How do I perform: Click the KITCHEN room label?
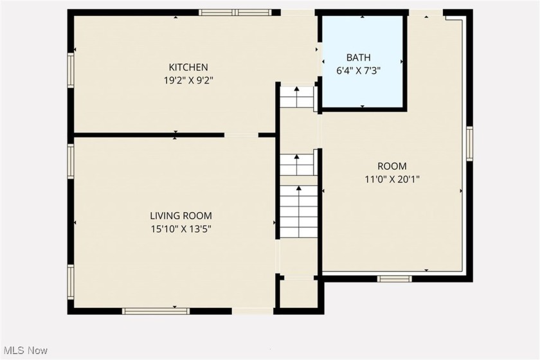click(x=188, y=67)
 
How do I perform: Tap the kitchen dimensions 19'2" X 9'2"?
click(x=188, y=80)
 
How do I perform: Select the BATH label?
click(x=359, y=57)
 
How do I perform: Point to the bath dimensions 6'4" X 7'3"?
click(x=358, y=71)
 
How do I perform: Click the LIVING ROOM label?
click(x=181, y=215)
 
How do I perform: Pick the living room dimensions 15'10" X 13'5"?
click(x=181, y=229)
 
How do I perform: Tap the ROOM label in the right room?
click(x=392, y=166)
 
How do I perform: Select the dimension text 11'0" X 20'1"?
click(x=392, y=179)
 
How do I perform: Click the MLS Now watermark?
click(x=24, y=351)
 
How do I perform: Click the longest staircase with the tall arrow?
click(x=298, y=212)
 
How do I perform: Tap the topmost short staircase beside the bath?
click(x=296, y=96)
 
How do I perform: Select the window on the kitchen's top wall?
click(x=235, y=12)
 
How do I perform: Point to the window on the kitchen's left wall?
click(x=71, y=69)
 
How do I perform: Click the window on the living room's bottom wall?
click(x=156, y=311)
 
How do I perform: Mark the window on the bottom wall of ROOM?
click(x=394, y=279)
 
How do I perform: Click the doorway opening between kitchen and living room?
click(x=242, y=135)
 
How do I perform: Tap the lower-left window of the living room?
click(x=71, y=282)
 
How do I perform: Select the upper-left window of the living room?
click(x=71, y=161)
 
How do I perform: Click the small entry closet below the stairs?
click(x=298, y=293)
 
